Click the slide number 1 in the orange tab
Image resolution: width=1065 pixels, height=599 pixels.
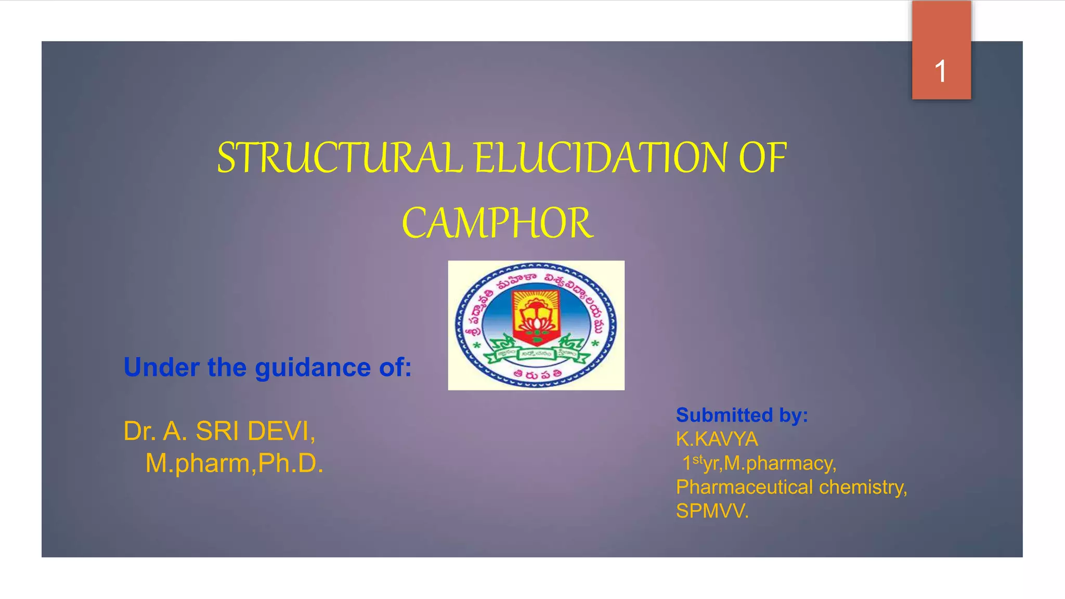click(940, 71)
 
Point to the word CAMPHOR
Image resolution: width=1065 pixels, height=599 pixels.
click(497, 223)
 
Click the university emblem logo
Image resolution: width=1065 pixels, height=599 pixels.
click(536, 325)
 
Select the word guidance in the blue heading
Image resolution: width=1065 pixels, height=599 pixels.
click(313, 368)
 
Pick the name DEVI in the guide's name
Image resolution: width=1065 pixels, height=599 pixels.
click(281, 431)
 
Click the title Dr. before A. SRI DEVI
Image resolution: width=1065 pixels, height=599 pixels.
click(140, 431)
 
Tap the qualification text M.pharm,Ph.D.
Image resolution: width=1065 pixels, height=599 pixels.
click(234, 463)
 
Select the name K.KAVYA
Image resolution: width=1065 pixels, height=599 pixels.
click(717, 439)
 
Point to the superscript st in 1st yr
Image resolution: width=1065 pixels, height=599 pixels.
click(697, 459)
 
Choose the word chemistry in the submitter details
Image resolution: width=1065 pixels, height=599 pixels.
click(863, 487)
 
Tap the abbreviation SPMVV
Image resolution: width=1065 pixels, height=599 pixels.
click(712, 511)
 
